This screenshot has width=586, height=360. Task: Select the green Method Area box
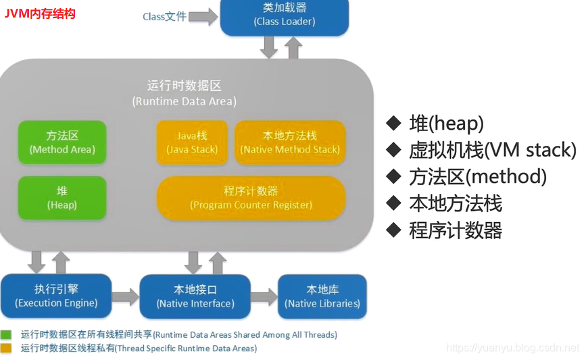pyautogui.click(x=62, y=143)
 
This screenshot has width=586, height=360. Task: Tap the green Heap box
pyautogui.click(x=62, y=198)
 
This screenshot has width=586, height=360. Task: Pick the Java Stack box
pyautogui.click(x=192, y=143)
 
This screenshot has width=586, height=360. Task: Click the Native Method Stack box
pyautogui.click(x=290, y=143)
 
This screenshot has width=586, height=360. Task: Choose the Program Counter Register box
pyautogui.click(x=251, y=198)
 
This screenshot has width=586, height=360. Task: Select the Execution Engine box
pyautogui.click(x=56, y=296)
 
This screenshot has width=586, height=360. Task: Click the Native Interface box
pyautogui.click(x=195, y=296)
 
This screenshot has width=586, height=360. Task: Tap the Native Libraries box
pyautogui.click(x=322, y=296)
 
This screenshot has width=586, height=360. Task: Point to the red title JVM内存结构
pyautogui.click(x=40, y=14)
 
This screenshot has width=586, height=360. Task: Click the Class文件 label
pyautogui.click(x=164, y=16)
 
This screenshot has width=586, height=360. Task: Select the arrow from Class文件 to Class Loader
pyautogui.click(x=203, y=16)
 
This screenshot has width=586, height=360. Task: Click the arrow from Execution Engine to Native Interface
pyautogui.click(x=125, y=297)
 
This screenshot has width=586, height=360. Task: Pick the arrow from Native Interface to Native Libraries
pyautogui.click(x=264, y=297)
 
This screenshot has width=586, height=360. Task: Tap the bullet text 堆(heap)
pyautogui.click(x=446, y=123)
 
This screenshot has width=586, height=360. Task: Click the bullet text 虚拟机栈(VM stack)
pyautogui.click(x=492, y=150)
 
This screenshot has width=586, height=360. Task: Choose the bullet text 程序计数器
pyautogui.click(x=456, y=230)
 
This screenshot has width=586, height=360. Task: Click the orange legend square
pyautogui.click(x=6, y=349)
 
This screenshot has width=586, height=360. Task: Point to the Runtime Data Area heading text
pyautogui.click(x=184, y=94)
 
